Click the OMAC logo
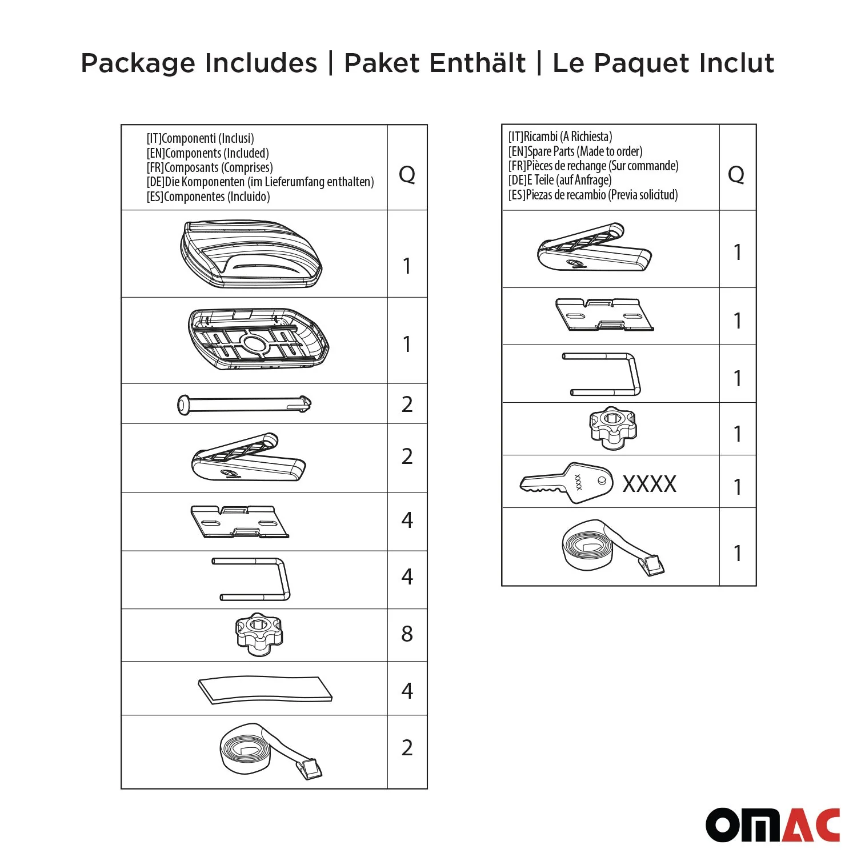772,824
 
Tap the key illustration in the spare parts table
566,483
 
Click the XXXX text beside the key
649,484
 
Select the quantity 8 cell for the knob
407,634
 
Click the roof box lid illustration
251,254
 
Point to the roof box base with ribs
258,339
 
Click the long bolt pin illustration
244,405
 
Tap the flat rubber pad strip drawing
265,690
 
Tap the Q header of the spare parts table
736,174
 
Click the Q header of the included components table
407,174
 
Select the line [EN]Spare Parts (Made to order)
575,151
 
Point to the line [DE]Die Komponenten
260,182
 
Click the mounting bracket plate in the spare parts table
604,315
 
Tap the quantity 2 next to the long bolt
407,405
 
